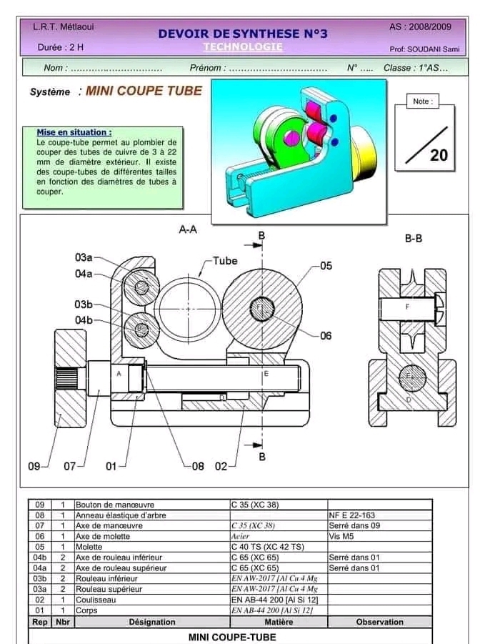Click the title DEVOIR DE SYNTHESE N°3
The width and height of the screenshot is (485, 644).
[x=242, y=34]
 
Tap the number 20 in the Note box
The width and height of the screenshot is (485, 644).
[x=439, y=155]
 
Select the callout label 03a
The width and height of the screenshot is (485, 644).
[x=84, y=257]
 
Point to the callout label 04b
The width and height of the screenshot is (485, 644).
[x=84, y=319]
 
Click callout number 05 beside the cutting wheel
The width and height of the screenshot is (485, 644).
[x=326, y=266]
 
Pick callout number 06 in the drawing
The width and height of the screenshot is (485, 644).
[x=326, y=336]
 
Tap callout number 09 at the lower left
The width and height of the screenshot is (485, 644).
[x=34, y=466]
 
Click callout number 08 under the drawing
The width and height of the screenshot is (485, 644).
[x=198, y=466]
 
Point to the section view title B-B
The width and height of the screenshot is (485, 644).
[x=413, y=239]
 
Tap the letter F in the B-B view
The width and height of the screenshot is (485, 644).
[x=407, y=307]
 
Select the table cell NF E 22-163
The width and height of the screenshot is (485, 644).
[x=351, y=515]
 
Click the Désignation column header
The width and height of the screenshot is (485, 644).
[x=151, y=622]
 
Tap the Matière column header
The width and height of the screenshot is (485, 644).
[x=279, y=622]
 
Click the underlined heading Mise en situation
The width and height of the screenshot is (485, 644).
[x=74, y=132]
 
